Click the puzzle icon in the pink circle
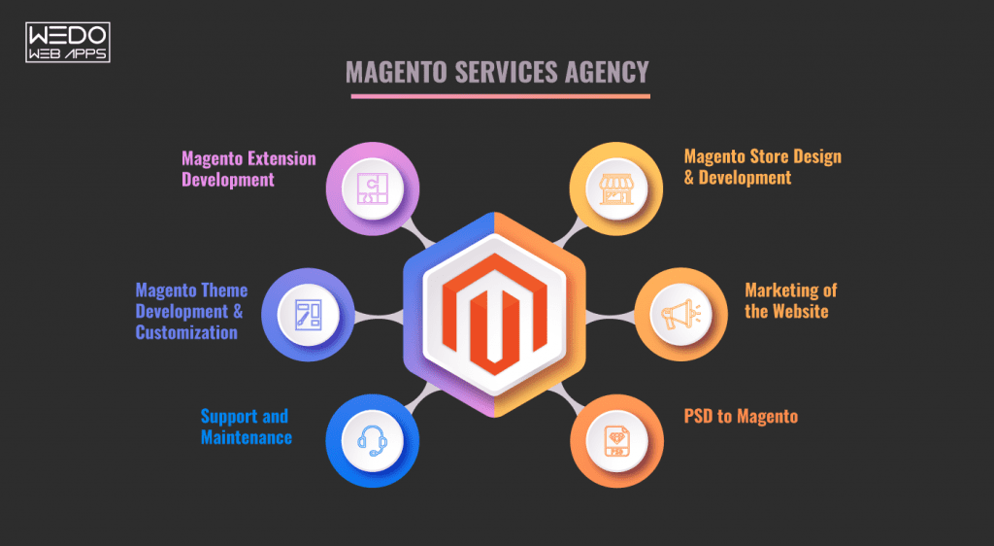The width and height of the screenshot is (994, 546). (372, 187)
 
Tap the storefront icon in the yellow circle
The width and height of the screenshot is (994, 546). (615, 188)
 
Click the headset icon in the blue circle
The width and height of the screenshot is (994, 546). (373, 441)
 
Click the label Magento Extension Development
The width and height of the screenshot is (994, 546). (248, 168)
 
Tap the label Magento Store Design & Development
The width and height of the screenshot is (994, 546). (762, 167)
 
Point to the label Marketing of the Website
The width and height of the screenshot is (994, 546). (790, 300)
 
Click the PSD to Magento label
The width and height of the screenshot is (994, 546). (741, 417)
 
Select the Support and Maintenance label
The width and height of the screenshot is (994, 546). (246, 427)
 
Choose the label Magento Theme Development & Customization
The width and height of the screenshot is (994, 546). (191, 311)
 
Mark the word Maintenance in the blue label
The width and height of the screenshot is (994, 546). (246, 437)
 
